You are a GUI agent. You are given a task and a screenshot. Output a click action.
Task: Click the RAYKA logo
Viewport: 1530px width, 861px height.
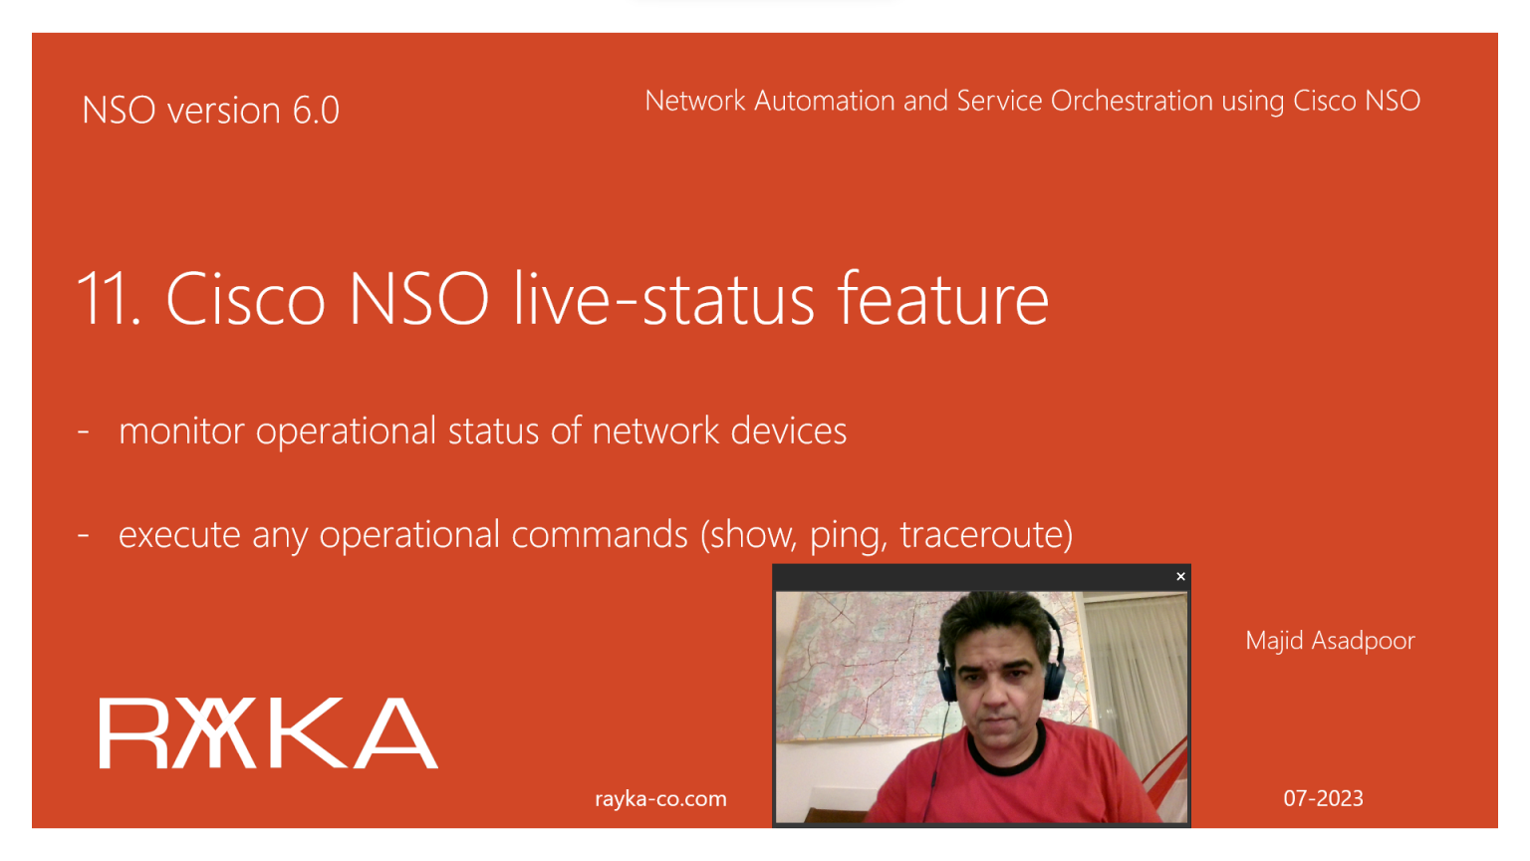pyautogui.click(x=268, y=733)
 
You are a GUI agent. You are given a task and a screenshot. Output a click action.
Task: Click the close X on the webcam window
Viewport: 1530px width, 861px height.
pyautogui.click(x=1180, y=577)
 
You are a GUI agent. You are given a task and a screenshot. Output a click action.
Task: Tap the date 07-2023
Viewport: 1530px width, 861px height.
pyautogui.click(x=1323, y=798)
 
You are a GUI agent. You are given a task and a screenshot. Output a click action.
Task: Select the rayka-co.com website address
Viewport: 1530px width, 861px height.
pyautogui.click(x=660, y=799)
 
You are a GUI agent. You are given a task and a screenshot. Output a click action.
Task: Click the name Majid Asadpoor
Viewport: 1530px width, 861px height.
pyautogui.click(x=1330, y=641)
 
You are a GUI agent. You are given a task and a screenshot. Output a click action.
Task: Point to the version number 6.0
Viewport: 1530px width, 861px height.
pyautogui.click(x=316, y=110)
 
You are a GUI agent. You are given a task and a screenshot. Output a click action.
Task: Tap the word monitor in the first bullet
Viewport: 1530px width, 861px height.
pyautogui.click(x=181, y=431)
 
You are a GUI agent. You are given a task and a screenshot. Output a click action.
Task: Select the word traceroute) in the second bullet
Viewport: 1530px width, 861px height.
pyautogui.click(x=986, y=534)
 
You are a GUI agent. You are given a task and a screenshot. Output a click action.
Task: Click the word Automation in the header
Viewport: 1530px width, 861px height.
pyautogui.click(x=825, y=101)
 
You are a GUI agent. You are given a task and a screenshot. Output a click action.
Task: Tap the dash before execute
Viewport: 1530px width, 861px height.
pyautogui.click(x=84, y=535)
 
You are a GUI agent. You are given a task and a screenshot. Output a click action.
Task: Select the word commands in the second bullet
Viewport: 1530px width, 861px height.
pyautogui.click(x=599, y=534)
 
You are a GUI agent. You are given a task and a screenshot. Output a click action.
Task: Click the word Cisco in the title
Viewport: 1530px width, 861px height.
pyautogui.click(x=245, y=298)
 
